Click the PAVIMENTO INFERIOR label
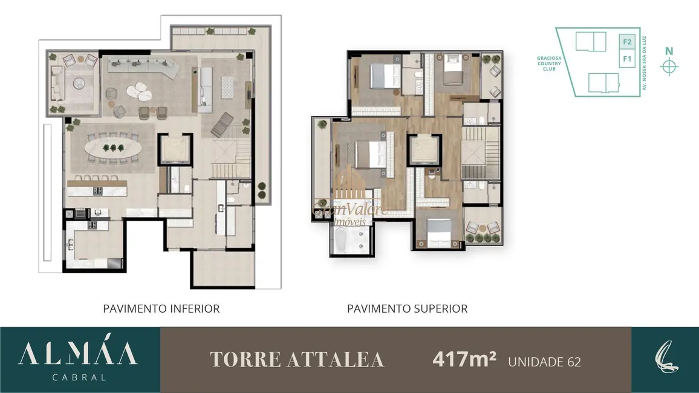point(161,308)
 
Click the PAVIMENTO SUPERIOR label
point(407,308)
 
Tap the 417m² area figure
point(464,360)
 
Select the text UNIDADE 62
point(544,362)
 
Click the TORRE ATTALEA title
point(297,360)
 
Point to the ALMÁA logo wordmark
point(78,354)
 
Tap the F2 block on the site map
point(627,42)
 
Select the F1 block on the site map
point(627,59)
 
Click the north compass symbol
point(669,66)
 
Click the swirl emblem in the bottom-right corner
point(665,360)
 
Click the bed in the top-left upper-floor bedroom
point(385,76)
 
